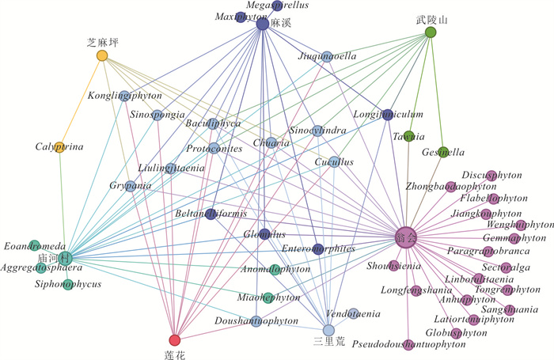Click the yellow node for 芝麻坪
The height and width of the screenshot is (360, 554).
[102, 55]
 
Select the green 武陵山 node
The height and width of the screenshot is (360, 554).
[431, 32]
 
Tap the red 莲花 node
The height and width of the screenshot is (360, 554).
[175, 340]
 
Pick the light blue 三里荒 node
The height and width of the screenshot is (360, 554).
[329, 330]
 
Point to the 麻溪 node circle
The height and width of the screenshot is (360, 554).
[263, 25]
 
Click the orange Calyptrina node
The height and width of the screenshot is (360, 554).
[59, 146]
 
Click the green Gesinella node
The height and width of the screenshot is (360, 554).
[443, 150]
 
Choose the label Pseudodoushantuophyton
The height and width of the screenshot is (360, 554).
[405, 346]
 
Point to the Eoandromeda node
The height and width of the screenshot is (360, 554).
[35, 245]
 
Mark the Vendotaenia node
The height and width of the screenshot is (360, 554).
[354, 313]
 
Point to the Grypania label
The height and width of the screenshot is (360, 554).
[131, 186]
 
